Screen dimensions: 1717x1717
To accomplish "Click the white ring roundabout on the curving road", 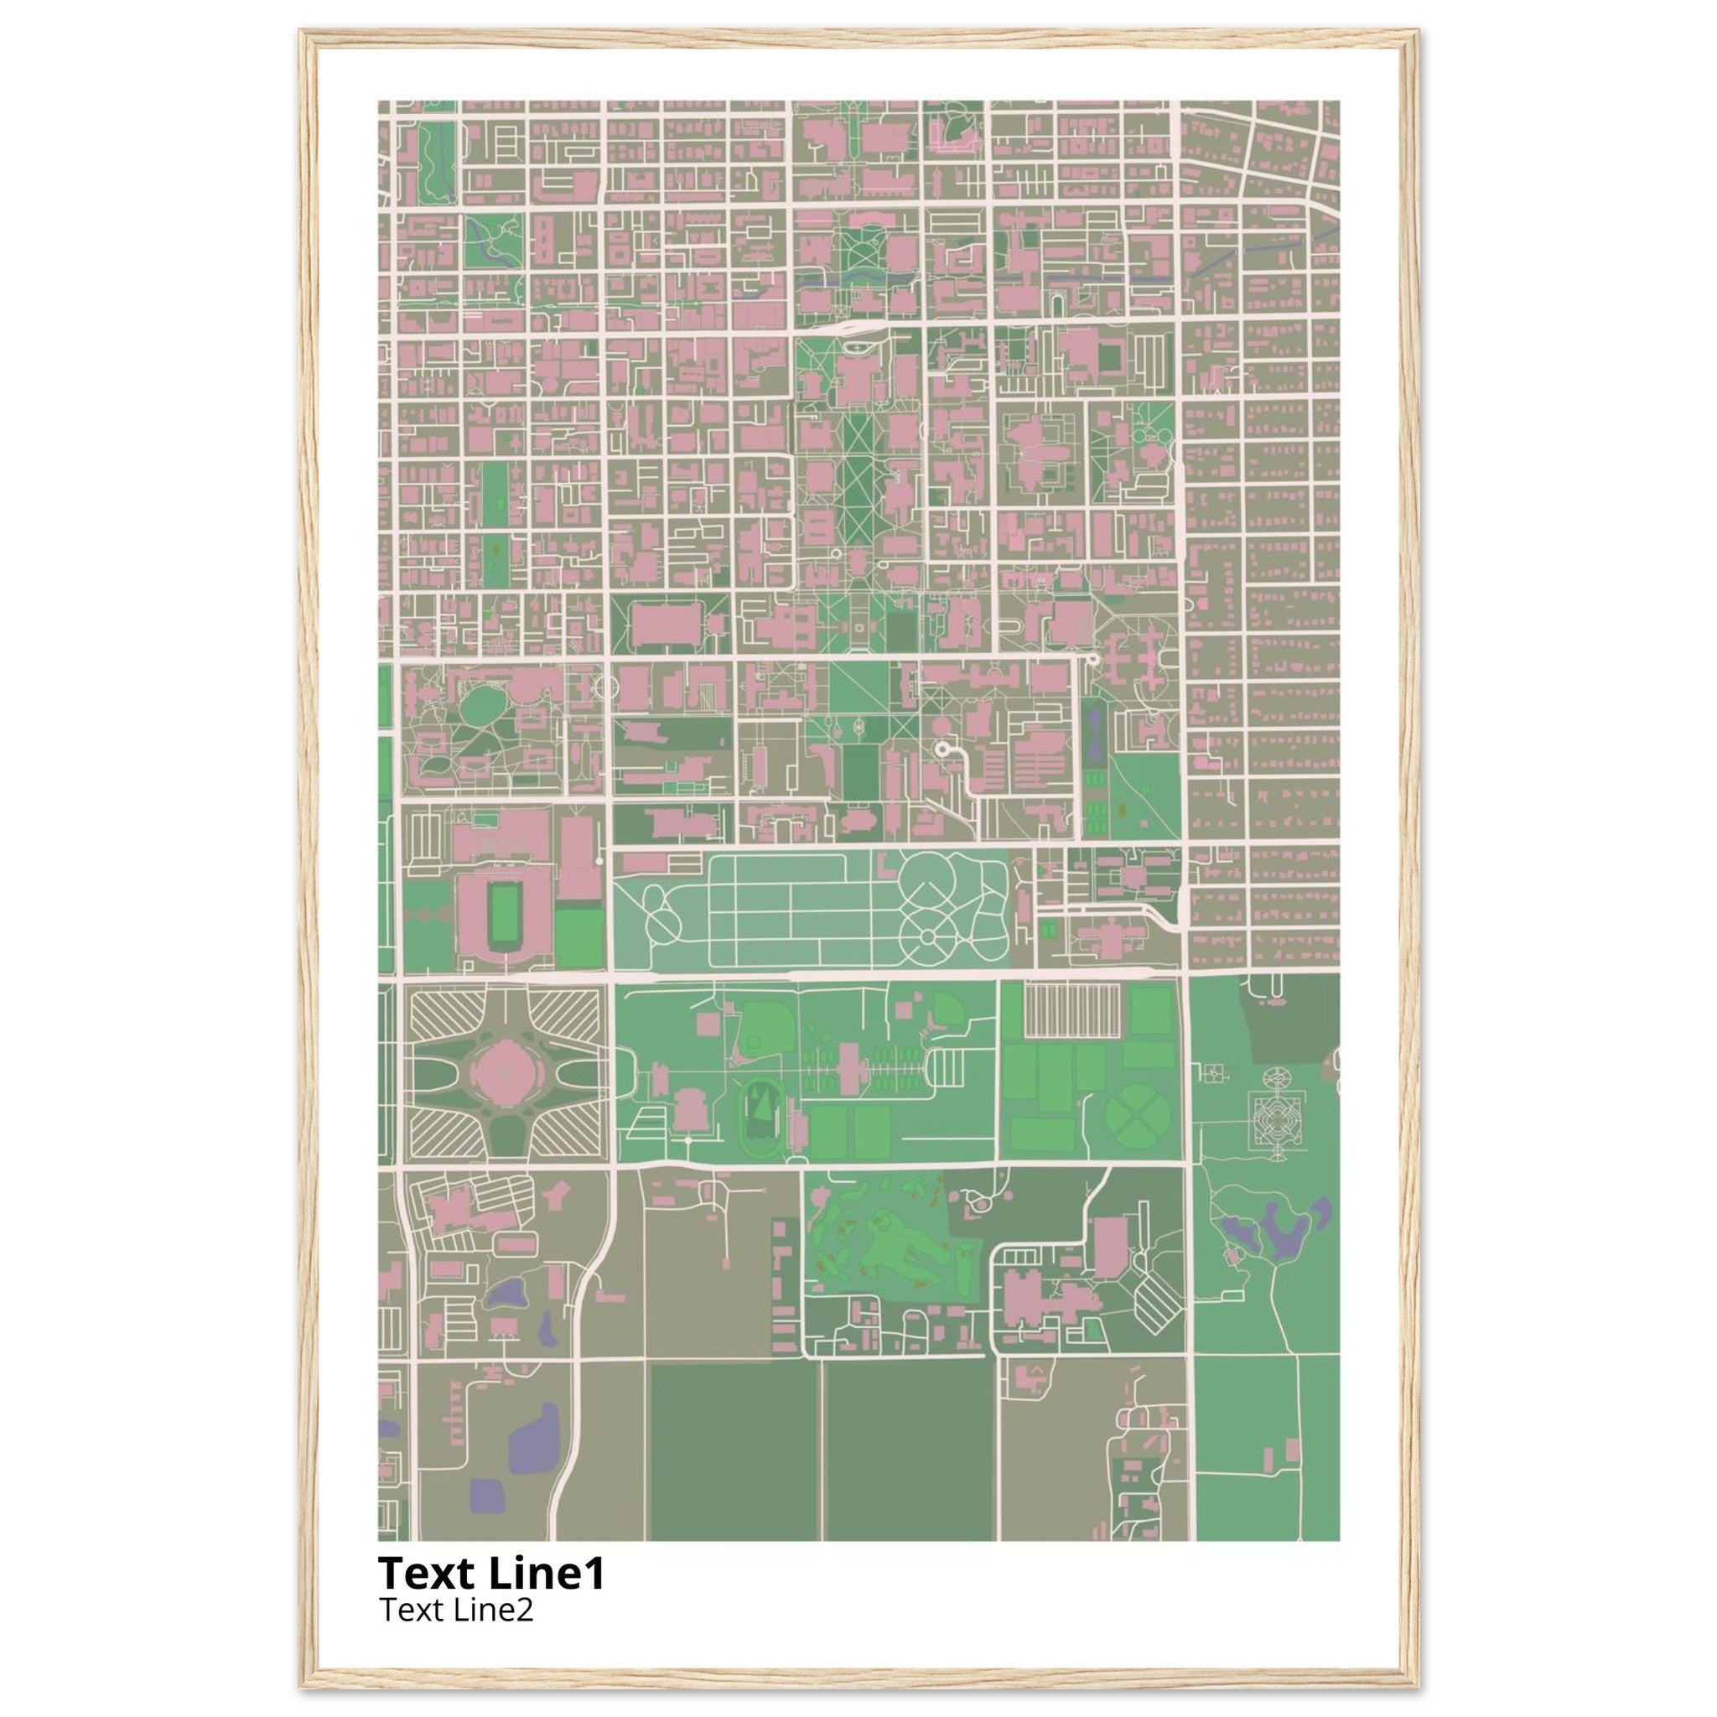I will (941, 750).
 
